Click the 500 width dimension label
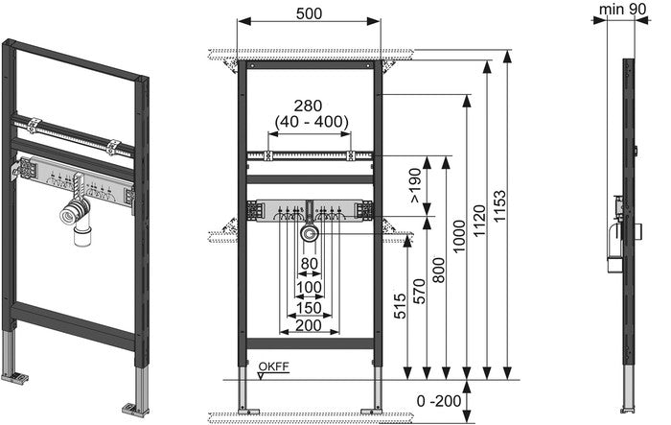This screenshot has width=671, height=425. tap(309, 13)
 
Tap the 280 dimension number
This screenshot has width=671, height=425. tap(309, 106)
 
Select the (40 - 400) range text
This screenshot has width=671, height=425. tap(312, 122)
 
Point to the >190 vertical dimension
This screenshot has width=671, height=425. tap(416, 185)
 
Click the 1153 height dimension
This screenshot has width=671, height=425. tap(499, 206)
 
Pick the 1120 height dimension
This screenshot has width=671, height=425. tap(479, 221)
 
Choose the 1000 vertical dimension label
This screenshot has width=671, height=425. tap(459, 237)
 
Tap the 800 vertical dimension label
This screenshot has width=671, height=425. tap(439, 270)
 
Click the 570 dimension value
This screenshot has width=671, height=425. tap(420, 291)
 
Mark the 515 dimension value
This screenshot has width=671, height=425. tap(400, 306)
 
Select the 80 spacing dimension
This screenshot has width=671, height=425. tap(309, 264)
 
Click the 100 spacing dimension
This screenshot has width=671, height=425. tap(309, 287)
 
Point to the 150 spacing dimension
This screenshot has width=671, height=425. tap(309, 308)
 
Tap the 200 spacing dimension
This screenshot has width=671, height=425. tap(309, 325)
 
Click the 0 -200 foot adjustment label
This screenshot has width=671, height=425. tap(439, 401)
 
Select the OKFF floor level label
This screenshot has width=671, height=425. tap(273, 366)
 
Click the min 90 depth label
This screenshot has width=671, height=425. tap(623, 9)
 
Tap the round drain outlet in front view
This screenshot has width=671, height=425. tap(309, 233)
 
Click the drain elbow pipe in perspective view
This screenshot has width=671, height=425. tap(77, 221)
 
